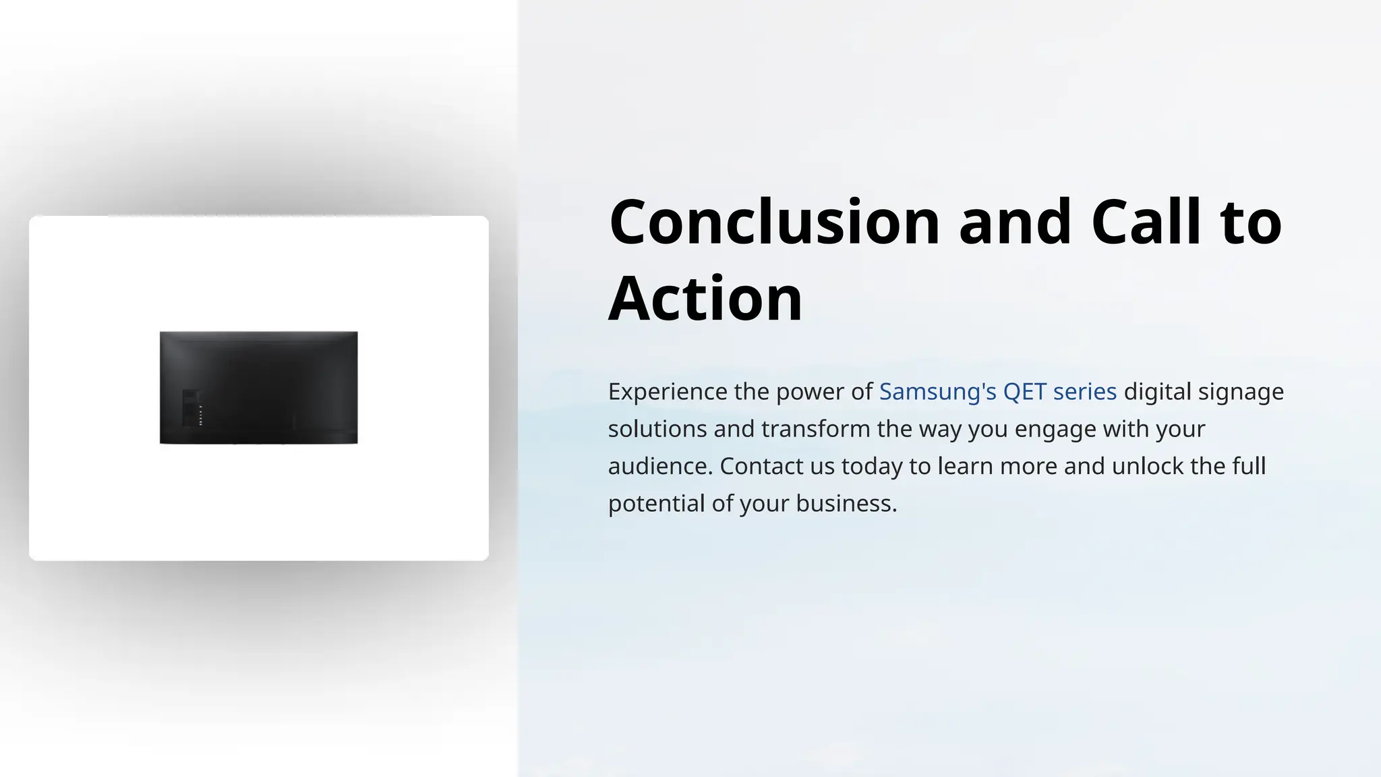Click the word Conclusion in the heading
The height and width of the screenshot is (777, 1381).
[x=774, y=223]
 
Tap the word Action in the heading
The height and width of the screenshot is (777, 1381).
[x=705, y=299]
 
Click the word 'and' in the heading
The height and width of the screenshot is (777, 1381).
[x=1015, y=223]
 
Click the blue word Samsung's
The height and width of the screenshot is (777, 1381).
[x=937, y=392]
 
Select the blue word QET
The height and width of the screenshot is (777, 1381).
[x=1024, y=392]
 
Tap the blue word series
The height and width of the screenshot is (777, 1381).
[x=1084, y=392]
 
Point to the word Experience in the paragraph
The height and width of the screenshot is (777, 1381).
[x=668, y=392]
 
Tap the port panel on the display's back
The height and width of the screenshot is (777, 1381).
[x=192, y=407]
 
